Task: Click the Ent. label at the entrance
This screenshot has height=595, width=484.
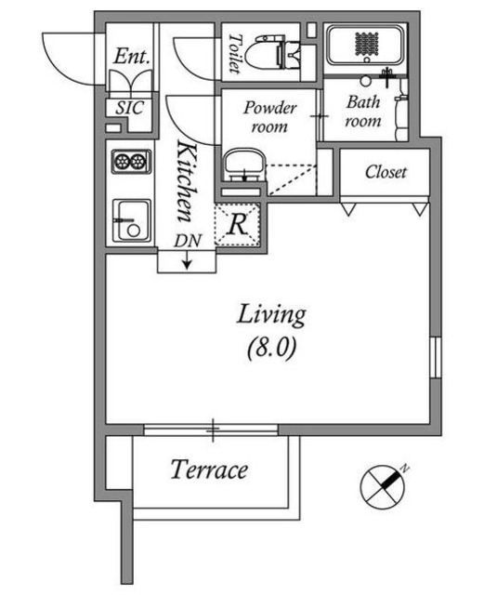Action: pos(131,56)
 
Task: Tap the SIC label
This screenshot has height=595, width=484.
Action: pos(130,108)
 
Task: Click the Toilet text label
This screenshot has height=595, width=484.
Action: pos(235,54)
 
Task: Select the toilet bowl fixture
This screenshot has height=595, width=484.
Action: pos(270,52)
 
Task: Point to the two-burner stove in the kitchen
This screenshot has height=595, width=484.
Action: pos(132,161)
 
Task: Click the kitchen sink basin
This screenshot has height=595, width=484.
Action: pos(132,221)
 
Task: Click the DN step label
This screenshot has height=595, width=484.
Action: pos(188,241)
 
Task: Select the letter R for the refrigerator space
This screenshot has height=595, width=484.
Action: pos(238,225)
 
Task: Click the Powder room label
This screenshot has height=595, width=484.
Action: pos(269,117)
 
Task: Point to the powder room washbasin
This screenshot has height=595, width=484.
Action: pos(243,165)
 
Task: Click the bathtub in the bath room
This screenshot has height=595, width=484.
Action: pos(366,46)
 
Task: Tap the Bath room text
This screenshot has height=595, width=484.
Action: pos(363,112)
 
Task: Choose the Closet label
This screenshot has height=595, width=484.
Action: pos(386,172)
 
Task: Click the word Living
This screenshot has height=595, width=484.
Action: pos(271,315)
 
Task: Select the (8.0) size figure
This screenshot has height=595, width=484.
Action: pos(271,348)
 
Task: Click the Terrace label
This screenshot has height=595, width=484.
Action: pos(209,469)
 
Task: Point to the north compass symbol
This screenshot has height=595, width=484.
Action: pos(383,487)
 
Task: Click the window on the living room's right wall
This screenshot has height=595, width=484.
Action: pos(437,357)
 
